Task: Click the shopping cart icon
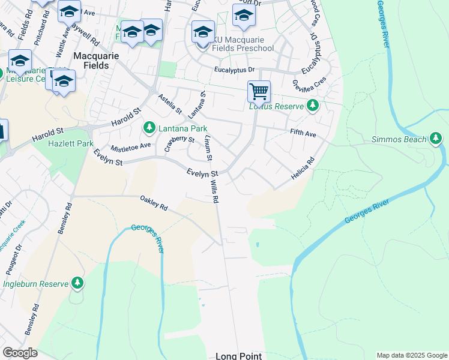point(259,92)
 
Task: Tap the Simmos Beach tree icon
point(436,139)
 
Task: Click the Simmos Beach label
point(399,139)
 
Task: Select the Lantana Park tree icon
point(149,128)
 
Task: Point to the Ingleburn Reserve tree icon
point(77,282)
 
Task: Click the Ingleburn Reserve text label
point(35,282)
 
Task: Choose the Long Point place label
point(238,356)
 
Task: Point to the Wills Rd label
point(214,191)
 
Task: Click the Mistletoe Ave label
point(130,146)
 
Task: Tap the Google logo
point(20,353)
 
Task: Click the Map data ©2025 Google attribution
point(411,355)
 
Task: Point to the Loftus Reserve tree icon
point(312,106)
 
